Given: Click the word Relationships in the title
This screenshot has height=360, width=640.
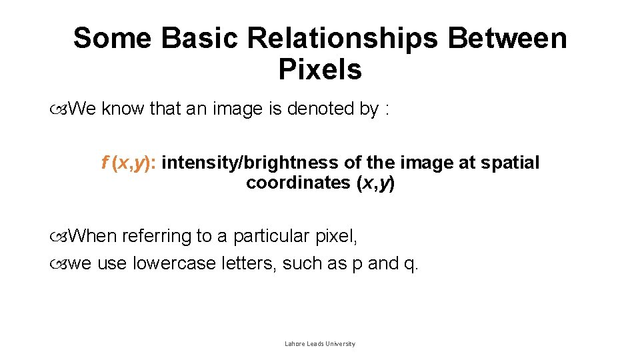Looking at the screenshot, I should click(343, 39).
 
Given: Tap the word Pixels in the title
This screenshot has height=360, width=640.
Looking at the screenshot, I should click(320, 69).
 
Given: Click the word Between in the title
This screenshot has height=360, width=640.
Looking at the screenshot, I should click(507, 39).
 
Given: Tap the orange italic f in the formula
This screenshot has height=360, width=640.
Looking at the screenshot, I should click(105, 163).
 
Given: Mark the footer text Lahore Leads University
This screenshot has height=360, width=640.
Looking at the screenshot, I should click(320, 344).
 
